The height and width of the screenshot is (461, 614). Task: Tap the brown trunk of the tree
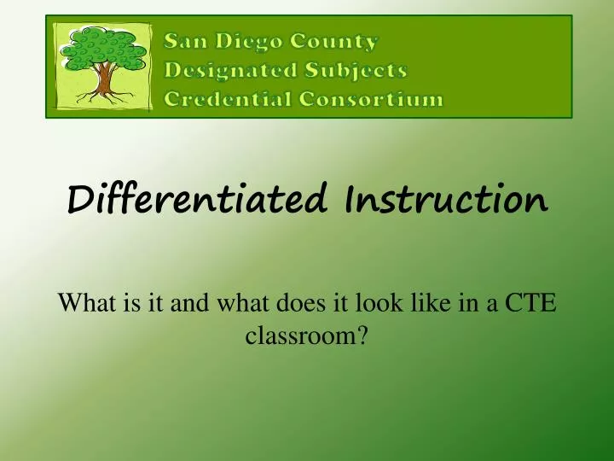point(105,80)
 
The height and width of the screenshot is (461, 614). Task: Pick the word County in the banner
point(336,40)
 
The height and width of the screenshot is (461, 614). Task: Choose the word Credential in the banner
point(226,99)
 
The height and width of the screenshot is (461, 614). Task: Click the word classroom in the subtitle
point(302,336)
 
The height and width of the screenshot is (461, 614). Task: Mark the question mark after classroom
point(363,336)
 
